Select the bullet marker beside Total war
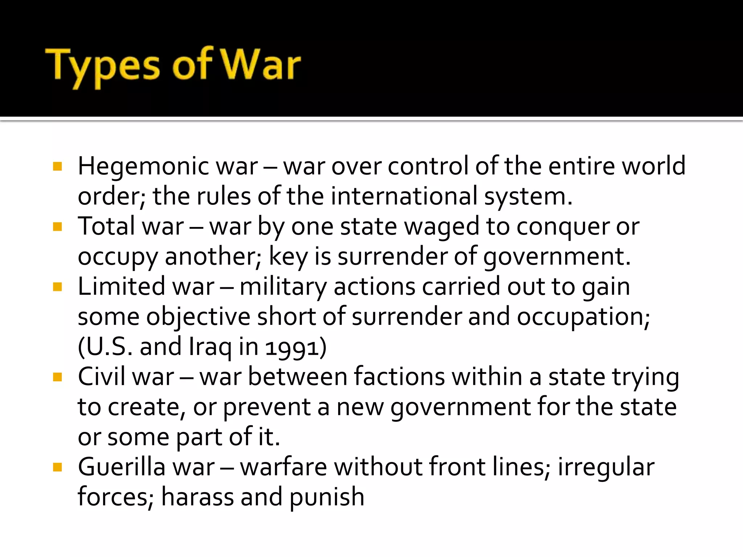pyautogui.click(x=57, y=227)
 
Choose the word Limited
pyautogui.click(x=121, y=287)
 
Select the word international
pyautogui.click(x=404, y=197)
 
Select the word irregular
pyautogui.click(x=606, y=468)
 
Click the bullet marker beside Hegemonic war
pyautogui.click(x=57, y=167)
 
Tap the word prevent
pyautogui.click(x=267, y=408)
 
